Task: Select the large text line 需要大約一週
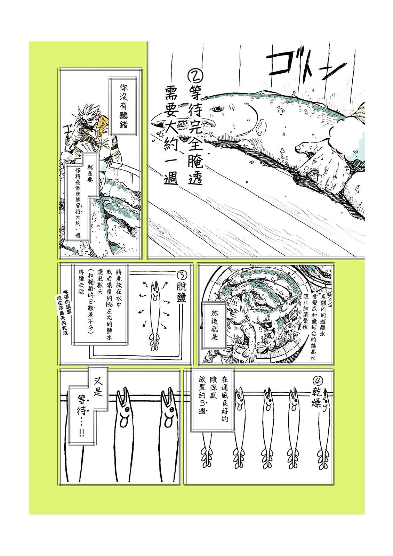click(171, 139)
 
